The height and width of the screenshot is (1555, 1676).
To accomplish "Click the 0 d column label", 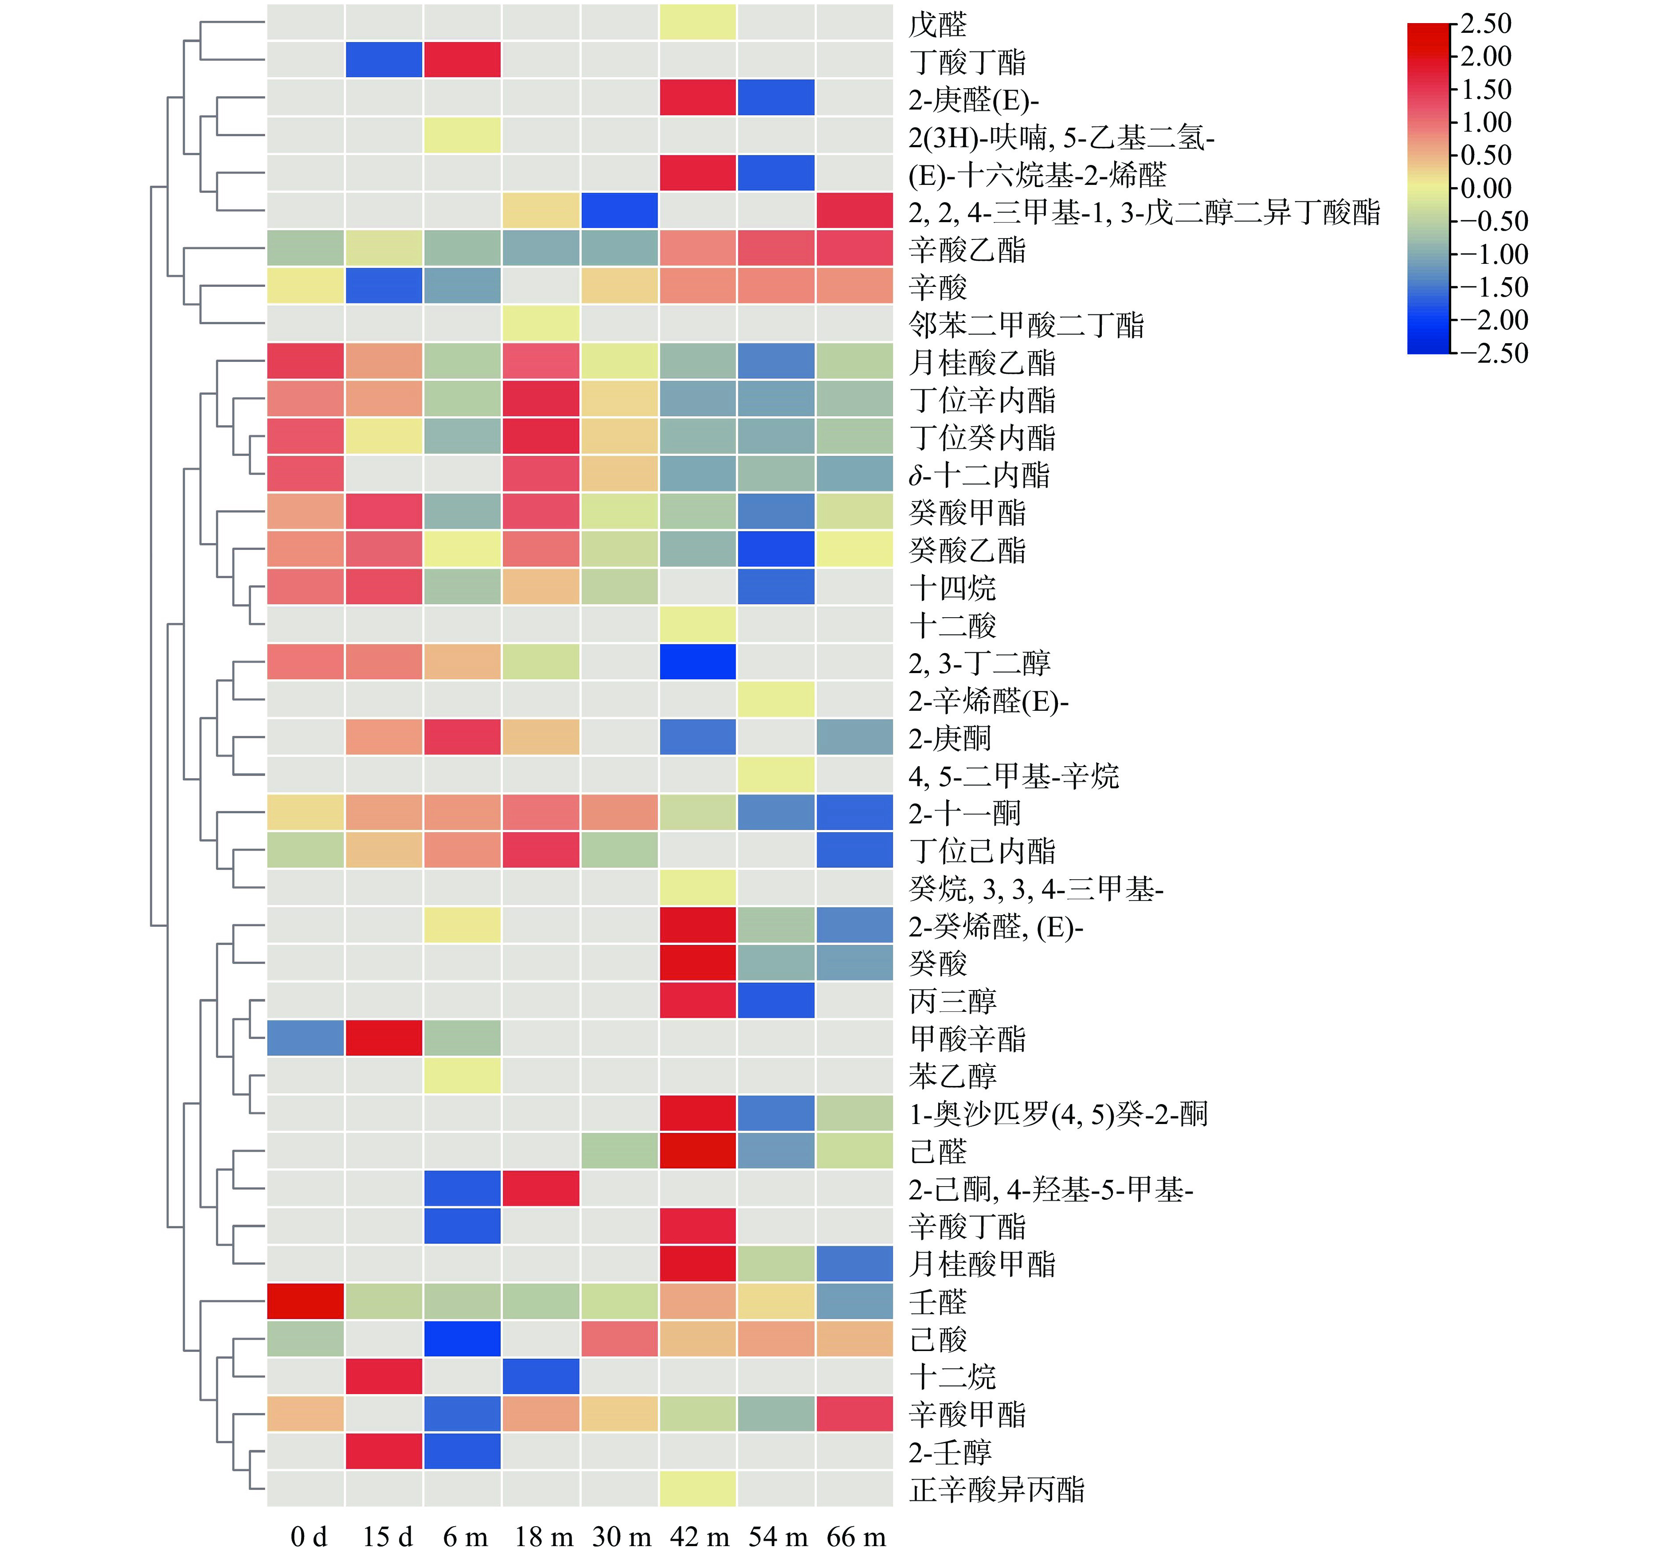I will pyautogui.click(x=308, y=1536).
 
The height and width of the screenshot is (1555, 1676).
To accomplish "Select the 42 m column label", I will pyautogui.click(x=698, y=1536).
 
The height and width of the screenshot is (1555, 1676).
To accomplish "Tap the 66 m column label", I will pyautogui.click(x=856, y=1536).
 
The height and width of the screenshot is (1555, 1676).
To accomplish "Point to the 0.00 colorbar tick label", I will pyautogui.click(x=1486, y=188).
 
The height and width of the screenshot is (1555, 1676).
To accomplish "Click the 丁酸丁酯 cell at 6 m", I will pyautogui.click(x=462, y=60).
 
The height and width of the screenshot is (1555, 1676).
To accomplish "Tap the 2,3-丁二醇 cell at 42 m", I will pyautogui.click(x=697, y=662).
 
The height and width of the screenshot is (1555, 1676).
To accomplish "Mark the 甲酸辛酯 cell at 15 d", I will pyautogui.click(x=384, y=1038).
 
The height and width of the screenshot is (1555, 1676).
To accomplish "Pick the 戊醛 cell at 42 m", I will pyautogui.click(x=697, y=23).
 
